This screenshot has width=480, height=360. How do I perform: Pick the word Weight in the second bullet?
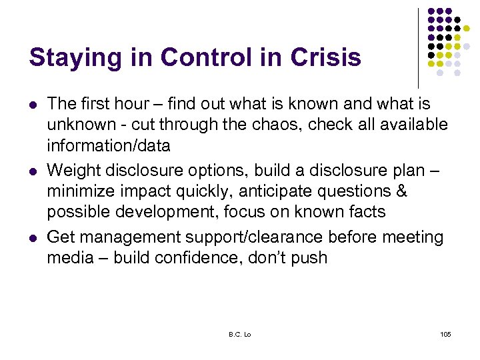pyautogui.click(x=74, y=171)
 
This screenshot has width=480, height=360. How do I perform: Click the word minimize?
pyautogui.click(x=80, y=191)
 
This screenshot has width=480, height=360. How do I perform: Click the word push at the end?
pyautogui.click(x=309, y=257)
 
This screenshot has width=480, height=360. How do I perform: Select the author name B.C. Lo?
pyautogui.click(x=241, y=333)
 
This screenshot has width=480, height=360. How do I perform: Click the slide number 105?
pyautogui.click(x=445, y=333)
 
